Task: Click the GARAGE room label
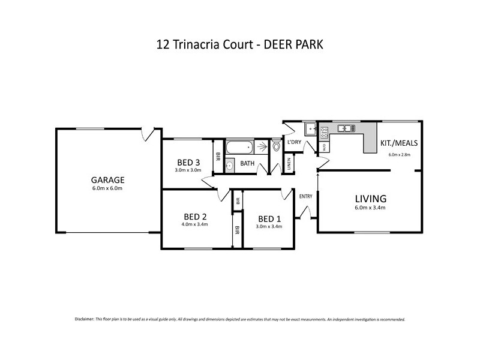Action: (x=107, y=179)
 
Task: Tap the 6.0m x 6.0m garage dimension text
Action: (x=107, y=188)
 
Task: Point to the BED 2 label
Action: (x=196, y=217)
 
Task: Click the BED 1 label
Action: (x=268, y=218)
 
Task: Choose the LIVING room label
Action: (x=370, y=199)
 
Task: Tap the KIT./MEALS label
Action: (x=399, y=143)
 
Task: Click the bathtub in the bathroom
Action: (x=239, y=147)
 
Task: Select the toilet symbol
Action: (x=276, y=146)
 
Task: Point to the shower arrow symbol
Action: (x=262, y=146)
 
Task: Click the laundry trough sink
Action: (x=310, y=128)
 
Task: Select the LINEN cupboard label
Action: (x=289, y=164)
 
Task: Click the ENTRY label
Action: (x=305, y=196)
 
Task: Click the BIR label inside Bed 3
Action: (x=218, y=156)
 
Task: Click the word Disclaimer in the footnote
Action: (x=85, y=319)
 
